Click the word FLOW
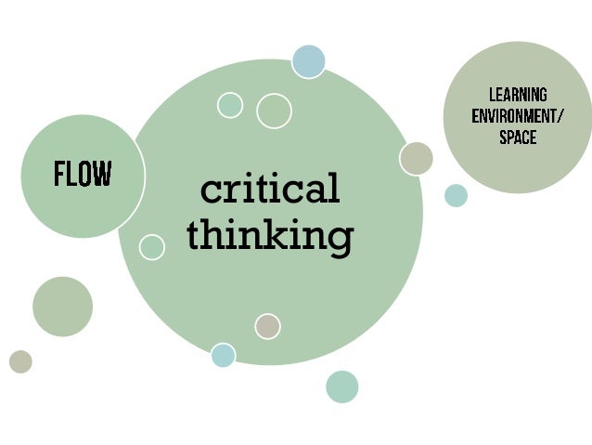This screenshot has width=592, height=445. (x=83, y=174)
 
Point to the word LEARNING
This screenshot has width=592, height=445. (x=518, y=96)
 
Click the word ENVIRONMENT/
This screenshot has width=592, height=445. (x=517, y=117)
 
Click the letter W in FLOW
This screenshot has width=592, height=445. (x=102, y=174)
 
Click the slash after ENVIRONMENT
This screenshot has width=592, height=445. (x=560, y=117)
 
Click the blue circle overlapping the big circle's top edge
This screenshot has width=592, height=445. (x=308, y=61)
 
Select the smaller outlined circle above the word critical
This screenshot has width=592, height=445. (x=229, y=105)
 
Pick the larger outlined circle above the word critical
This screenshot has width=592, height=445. (x=274, y=111)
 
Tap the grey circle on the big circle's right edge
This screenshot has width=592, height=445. (x=417, y=158)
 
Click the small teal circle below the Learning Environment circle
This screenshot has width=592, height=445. (x=456, y=195)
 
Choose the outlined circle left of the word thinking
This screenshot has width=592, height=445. (x=152, y=247)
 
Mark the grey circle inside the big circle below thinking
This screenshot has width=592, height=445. (x=267, y=326)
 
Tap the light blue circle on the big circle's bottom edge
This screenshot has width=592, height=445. (x=223, y=355)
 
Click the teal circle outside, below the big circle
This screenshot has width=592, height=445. (x=341, y=386)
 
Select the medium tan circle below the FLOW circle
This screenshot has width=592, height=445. (x=62, y=307)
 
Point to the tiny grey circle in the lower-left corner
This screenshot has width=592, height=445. (x=20, y=361)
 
